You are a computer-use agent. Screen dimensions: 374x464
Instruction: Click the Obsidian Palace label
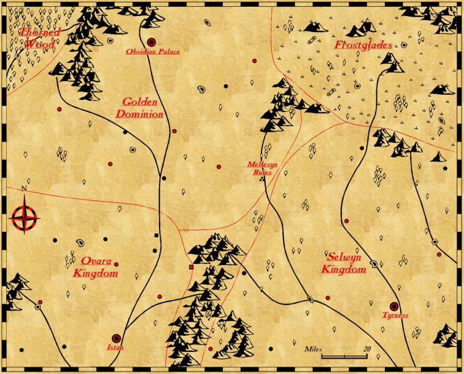pyautogui.click(x=153, y=52)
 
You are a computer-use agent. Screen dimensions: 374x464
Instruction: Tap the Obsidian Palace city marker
pyautogui.click(x=151, y=42)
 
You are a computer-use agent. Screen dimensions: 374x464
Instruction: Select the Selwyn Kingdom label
pyautogui.click(x=346, y=263)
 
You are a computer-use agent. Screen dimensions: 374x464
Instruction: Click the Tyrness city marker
pyautogui.click(x=394, y=306)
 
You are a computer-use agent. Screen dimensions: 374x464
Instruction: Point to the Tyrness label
pyautogui.click(x=395, y=316)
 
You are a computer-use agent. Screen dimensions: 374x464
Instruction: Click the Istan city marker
pyautogui.click(x=116, y=338)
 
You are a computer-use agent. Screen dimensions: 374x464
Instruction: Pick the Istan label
pyautogui.click(x=115, y=348)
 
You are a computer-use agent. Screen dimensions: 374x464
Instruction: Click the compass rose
pyautogui.click(x=25, y=217)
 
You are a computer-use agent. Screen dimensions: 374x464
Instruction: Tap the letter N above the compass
pyautogui.click(x=24, y=189)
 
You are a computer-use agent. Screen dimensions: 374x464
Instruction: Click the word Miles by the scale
pyautogui.click(x=313, y=349)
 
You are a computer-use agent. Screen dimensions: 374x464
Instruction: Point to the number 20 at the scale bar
pyautogui.click(x=367, y=349)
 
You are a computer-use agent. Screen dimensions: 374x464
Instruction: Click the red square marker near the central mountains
pyautogui.click(x=191, y=268)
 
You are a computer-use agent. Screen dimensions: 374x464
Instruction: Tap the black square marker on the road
pyautogui.click(x=157, y=236)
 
